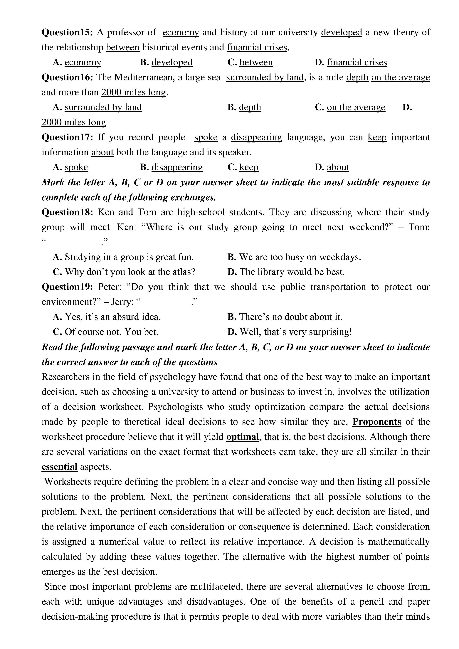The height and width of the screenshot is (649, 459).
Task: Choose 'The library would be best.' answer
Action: [x=292, y=272]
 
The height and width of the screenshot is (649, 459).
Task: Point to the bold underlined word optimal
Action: [x=243, y=437]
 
